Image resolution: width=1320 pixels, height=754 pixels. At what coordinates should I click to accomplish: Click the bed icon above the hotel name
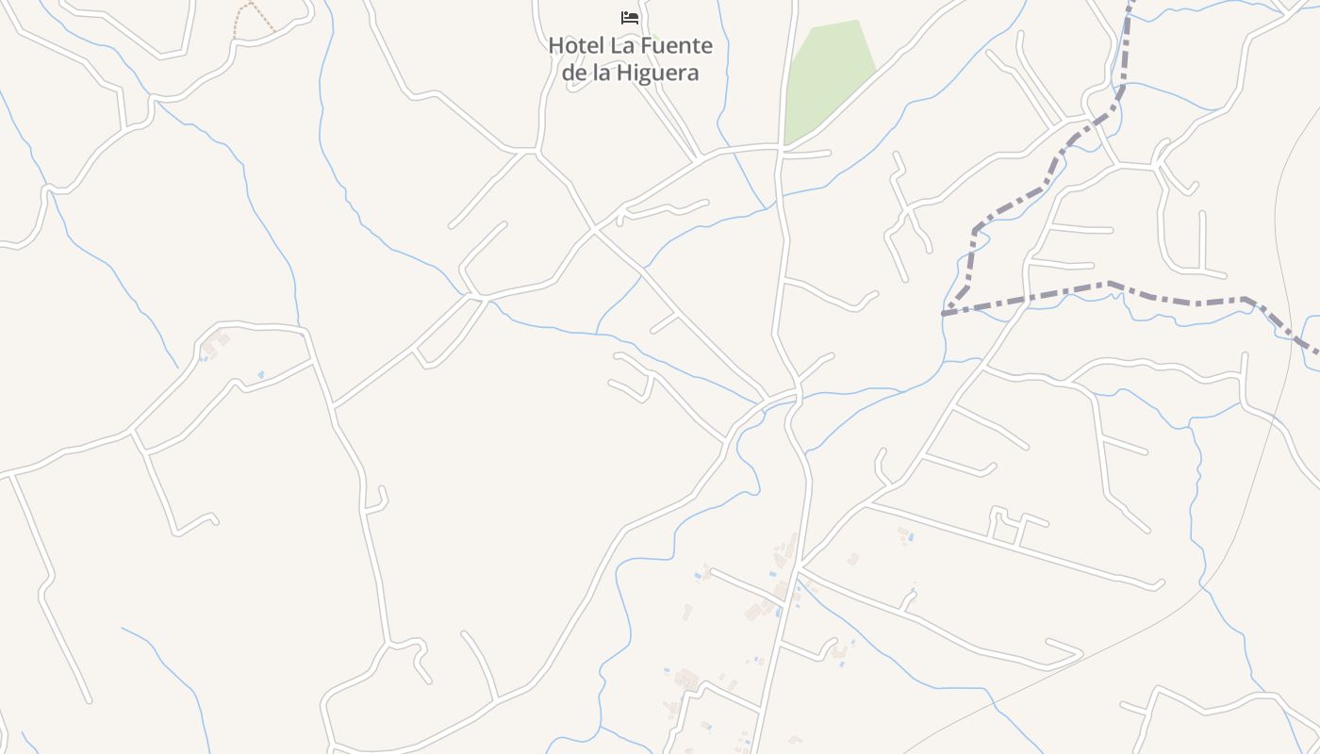coord(630,18)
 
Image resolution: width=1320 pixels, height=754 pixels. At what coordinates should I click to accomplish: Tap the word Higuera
coord(659,73)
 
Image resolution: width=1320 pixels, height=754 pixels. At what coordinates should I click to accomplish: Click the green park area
coord(830,75)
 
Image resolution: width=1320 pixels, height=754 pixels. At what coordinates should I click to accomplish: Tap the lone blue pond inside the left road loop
coord(261,374)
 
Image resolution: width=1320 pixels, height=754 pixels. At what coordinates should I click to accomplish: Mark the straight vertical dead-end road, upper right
coord(1202,240)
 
